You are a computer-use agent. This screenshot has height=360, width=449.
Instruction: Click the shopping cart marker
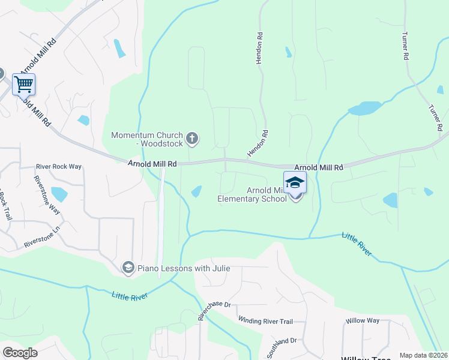click(x=23, y=85)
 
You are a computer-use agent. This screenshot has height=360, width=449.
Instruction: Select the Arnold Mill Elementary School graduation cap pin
click(x=295, y=183)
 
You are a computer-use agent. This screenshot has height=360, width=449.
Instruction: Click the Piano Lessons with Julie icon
click(x=128, y=268)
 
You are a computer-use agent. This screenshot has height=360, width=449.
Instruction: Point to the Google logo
click(x=20, y=352)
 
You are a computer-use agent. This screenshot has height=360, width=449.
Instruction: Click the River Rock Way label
click(x=59, y=167)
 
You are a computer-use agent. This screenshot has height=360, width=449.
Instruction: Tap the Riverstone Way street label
click(x=47, y=195)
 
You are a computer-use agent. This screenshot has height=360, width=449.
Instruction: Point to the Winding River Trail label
click(x=265, y=321)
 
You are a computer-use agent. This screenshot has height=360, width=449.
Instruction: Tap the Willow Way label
click(x=362, y=320)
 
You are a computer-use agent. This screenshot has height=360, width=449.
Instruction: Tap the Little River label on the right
click(x=357, y=245)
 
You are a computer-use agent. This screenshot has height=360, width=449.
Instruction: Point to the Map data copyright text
click(x=423, y=355)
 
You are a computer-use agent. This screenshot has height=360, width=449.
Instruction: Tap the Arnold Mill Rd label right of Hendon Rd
click(x=318, y=167)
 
